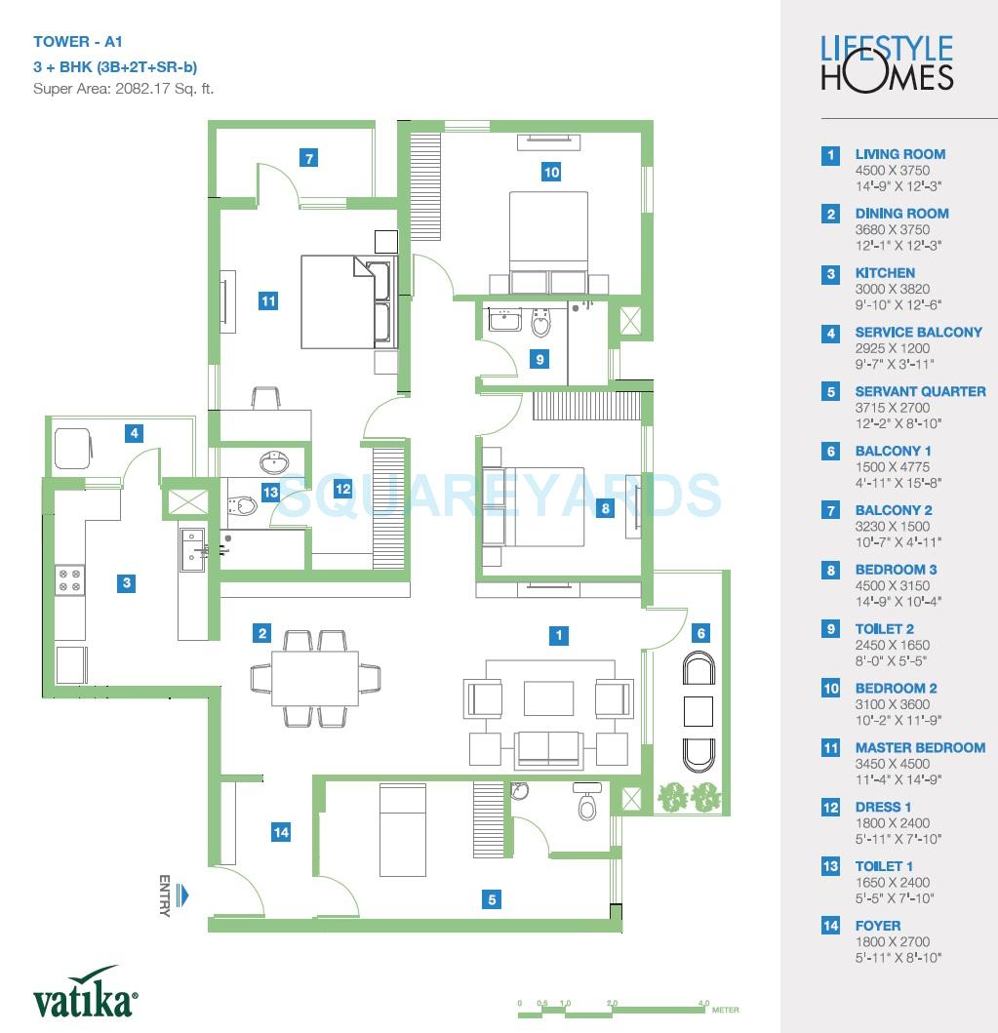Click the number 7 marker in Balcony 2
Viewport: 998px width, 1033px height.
pos(308,158)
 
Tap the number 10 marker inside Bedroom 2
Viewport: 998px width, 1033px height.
pos(551,173)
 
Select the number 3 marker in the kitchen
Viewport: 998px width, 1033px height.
pos(127,583)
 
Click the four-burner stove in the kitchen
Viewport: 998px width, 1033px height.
pos(70,580)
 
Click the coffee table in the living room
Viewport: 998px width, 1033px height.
pos(548,698)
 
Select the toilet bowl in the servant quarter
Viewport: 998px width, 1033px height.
pos(587,806)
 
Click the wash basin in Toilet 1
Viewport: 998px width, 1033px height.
pos(272,461)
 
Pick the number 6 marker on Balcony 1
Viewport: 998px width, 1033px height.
pos(700,633)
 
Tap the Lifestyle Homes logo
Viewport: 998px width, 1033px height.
pos(887,62)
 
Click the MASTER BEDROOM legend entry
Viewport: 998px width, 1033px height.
pos(919,747)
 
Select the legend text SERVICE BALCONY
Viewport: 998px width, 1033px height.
pos(918,332)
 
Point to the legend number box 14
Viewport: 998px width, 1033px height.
pos(830,926)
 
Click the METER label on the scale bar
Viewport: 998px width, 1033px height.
pos(725,1011)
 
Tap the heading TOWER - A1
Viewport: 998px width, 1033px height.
pos(78,42)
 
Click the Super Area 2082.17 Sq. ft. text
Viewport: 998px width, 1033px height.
pos(123,89)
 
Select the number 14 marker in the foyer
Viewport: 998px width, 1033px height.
pos(281,832)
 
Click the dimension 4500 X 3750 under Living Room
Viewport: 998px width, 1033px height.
pos(892,170)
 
